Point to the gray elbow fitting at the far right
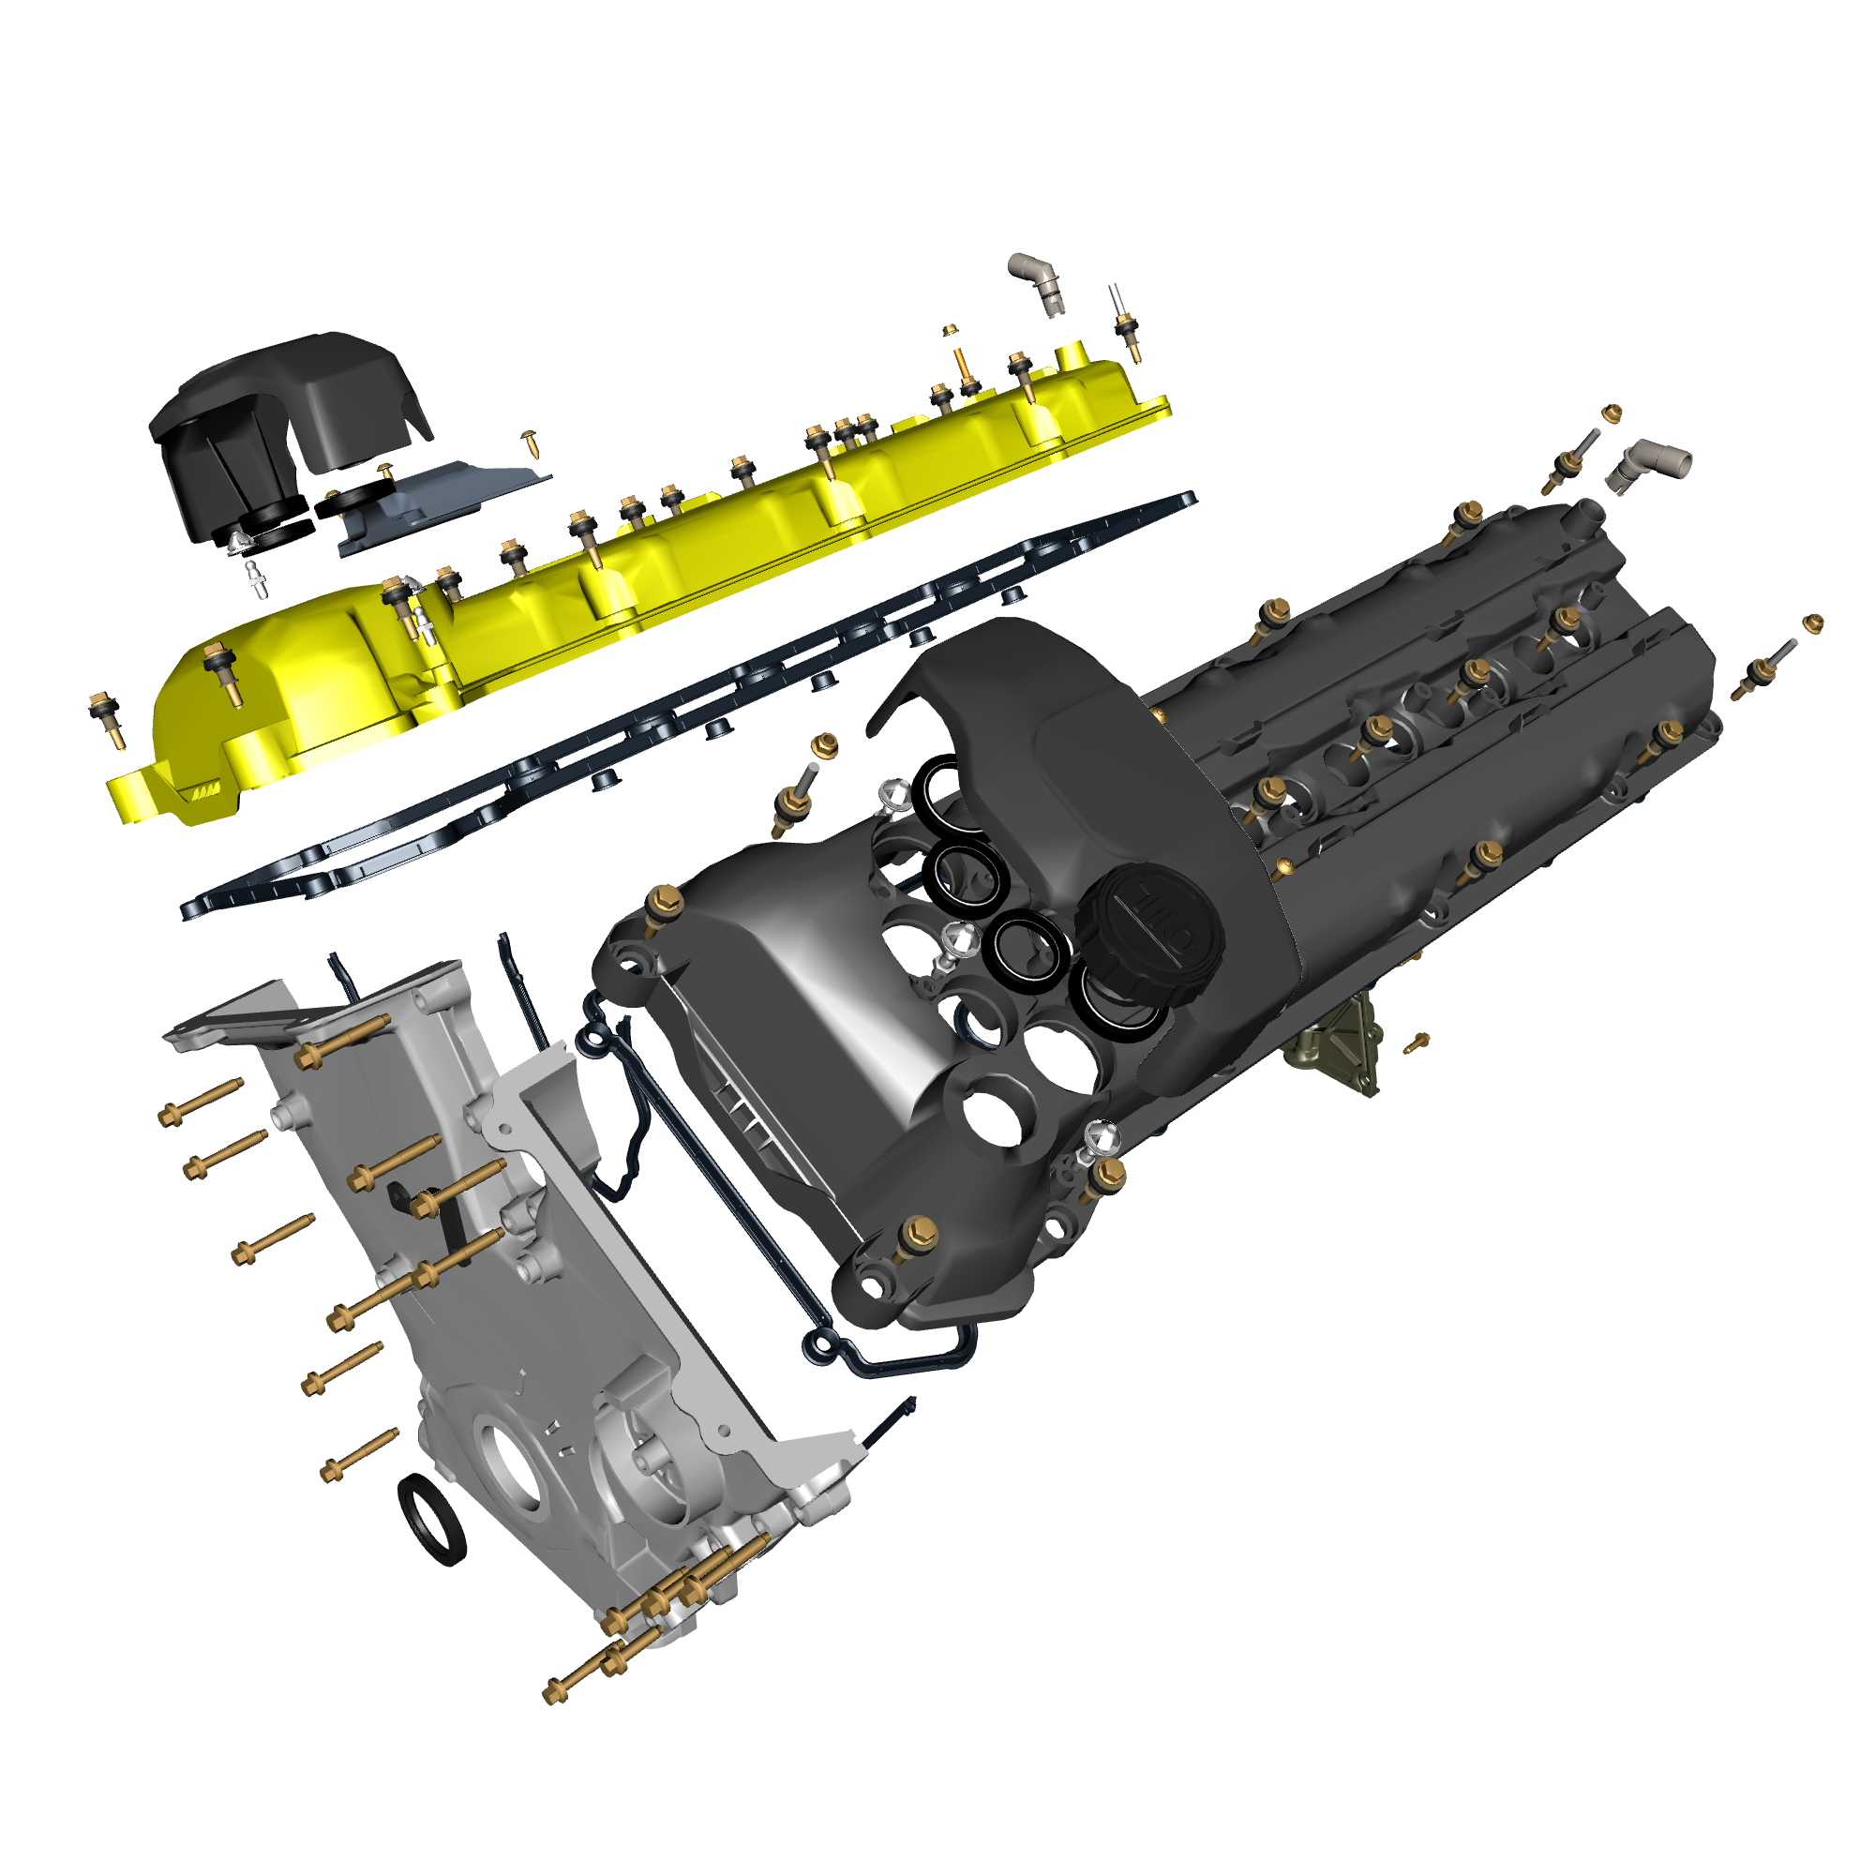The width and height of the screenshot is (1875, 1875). pos(1647,464)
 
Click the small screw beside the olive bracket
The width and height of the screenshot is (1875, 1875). pos(1417,1042)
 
